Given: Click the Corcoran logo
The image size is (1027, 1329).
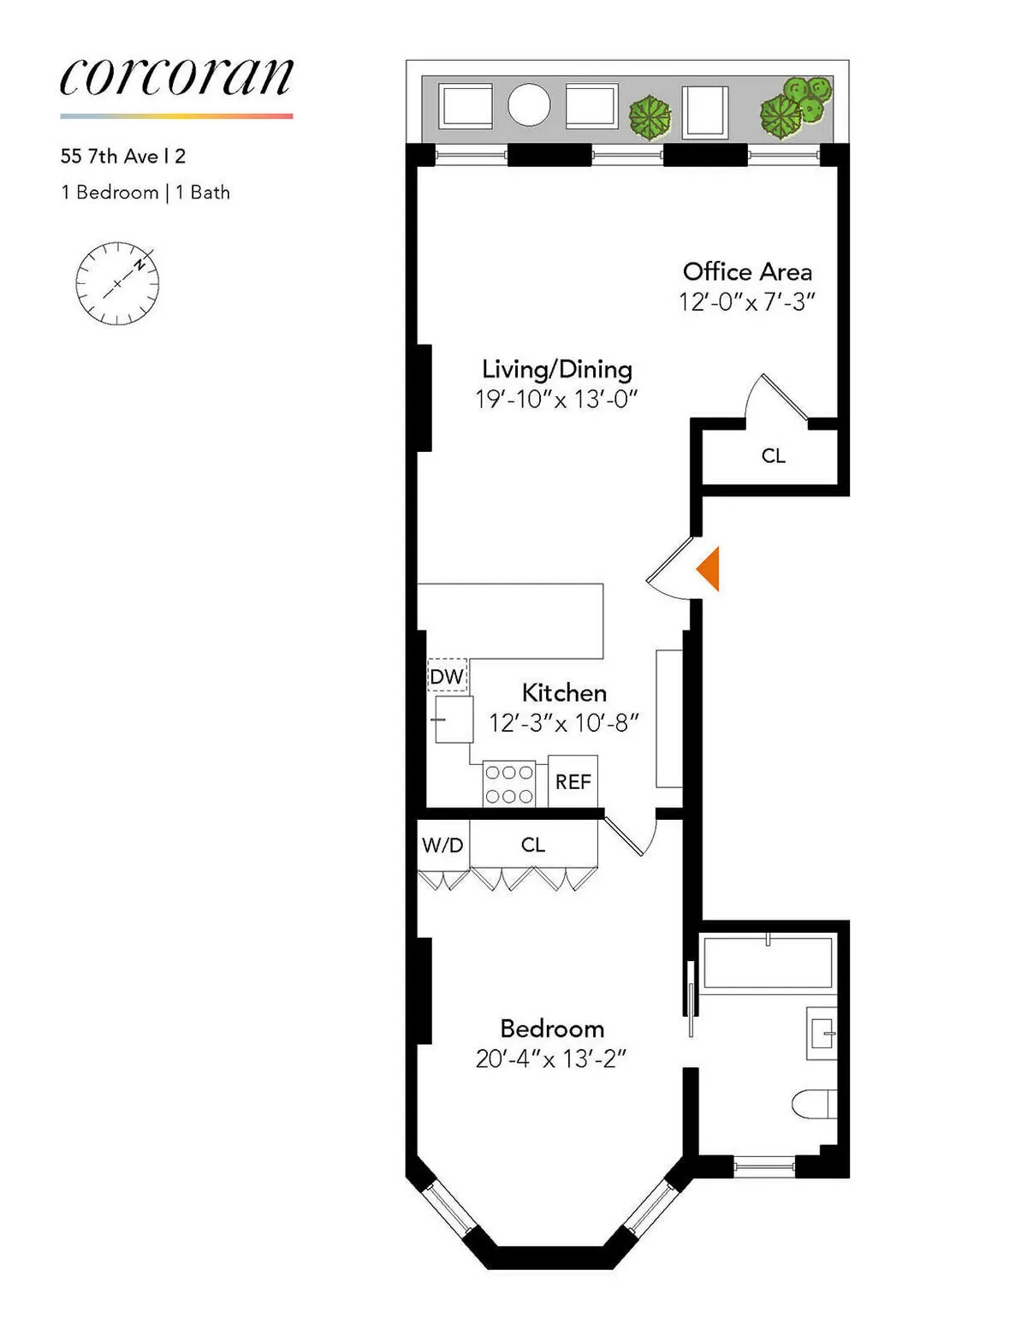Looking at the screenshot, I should coord(176,78).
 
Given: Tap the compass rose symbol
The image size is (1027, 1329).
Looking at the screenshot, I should coord(117,283).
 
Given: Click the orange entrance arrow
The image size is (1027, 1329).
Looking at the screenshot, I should coord(709,568).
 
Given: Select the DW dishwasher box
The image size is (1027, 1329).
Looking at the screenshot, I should coord(447,676).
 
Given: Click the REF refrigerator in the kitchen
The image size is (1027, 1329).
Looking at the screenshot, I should coord(573,781).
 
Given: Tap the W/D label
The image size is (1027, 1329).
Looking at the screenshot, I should coord(442,845).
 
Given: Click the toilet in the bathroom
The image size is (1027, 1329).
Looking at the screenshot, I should coord(814,1104).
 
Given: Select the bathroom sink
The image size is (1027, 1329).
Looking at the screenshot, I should coord(822,1033).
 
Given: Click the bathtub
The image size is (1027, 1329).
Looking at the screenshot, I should coord(768,963).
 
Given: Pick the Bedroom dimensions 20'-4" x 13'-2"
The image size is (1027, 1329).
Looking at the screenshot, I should coord(551,1059).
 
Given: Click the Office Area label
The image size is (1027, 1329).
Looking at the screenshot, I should coord(747,272).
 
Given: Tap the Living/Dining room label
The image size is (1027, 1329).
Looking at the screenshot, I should coord(557,370).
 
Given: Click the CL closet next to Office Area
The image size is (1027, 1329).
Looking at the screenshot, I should coord(773,456).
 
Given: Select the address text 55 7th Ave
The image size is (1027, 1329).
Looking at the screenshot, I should coord(122,157).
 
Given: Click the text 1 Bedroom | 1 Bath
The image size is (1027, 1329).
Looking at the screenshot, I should coord(145,193).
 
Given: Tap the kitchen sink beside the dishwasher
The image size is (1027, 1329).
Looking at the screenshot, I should coord(454,719).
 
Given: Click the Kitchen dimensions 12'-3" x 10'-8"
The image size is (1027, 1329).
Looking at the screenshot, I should coord(564,724).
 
